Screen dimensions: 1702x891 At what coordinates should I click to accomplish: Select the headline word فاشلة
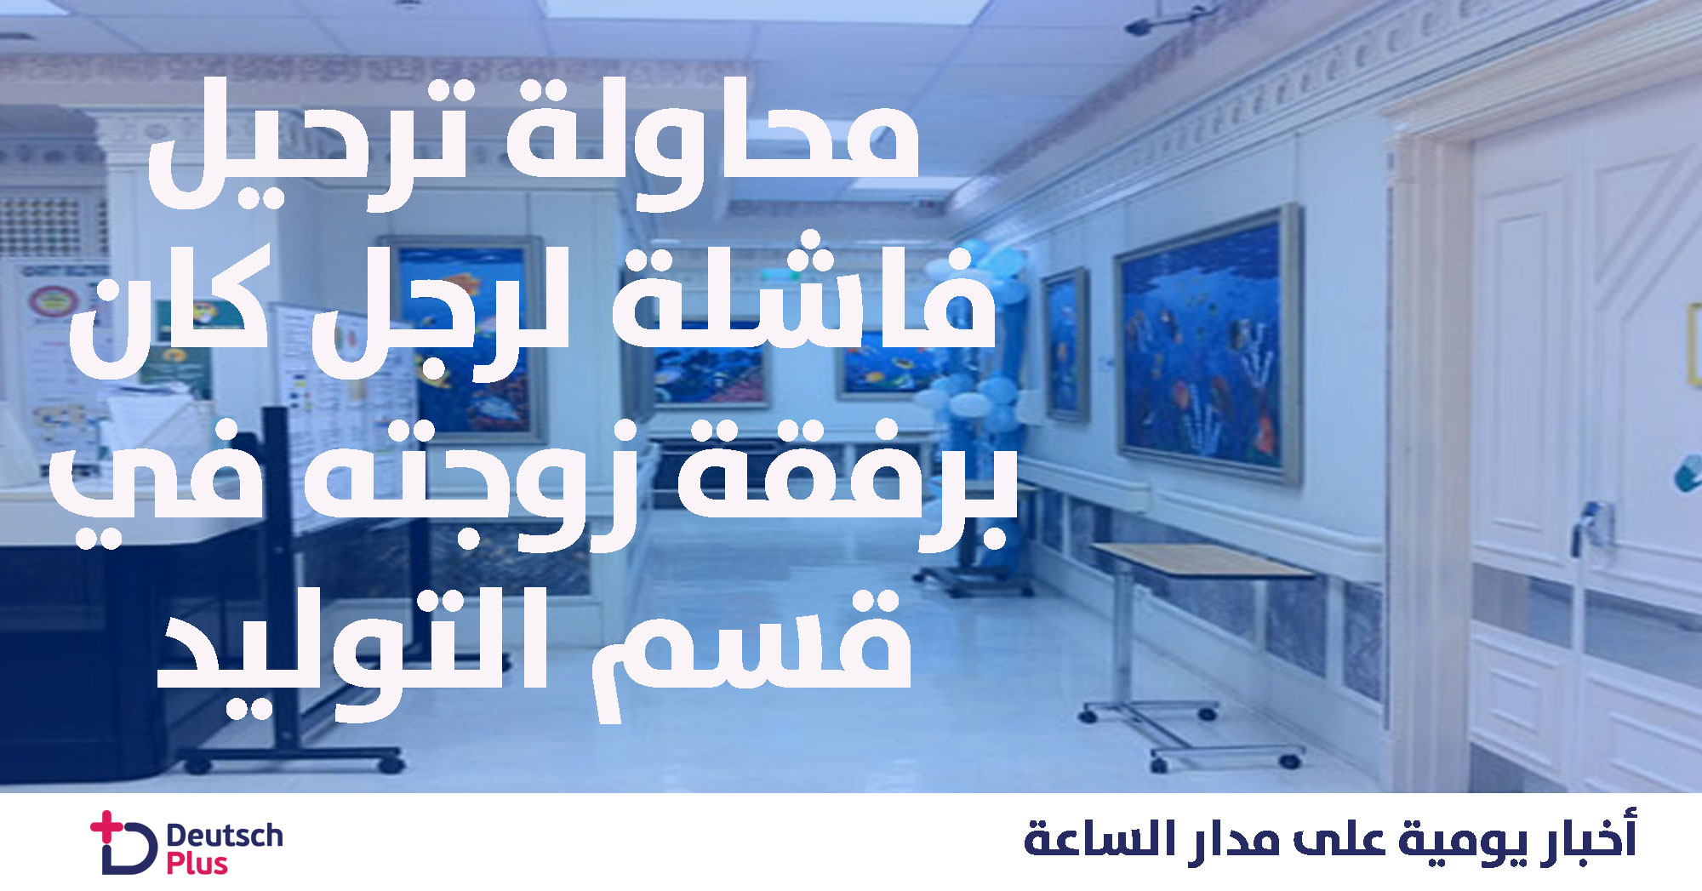pyautogui.click(x=804, y=294)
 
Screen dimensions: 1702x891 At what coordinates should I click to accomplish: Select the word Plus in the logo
pyautogui.click(x=197, y=864)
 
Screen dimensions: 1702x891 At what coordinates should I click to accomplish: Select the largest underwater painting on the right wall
pyautogui.click(x=1208, y=344)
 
